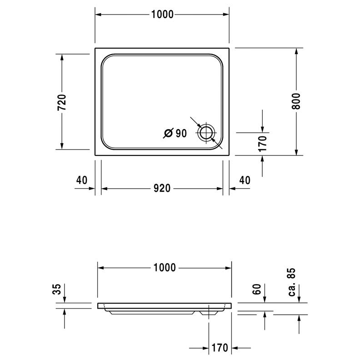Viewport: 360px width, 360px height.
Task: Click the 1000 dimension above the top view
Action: [x=162, y=15]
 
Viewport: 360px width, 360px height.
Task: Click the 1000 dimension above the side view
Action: [x=165, y=268]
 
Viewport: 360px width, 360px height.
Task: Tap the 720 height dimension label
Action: [x=62, y=102]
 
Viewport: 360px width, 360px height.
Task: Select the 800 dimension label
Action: [x=296, y=101]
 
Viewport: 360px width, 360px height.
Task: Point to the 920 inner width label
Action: [x=162, y=188]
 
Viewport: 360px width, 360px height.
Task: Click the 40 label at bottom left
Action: [x=82, y=180]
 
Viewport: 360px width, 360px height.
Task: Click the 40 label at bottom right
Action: [x=245, y=180]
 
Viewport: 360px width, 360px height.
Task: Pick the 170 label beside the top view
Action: [x=262, y=144]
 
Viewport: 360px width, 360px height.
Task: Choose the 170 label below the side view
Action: [x=220, y=348]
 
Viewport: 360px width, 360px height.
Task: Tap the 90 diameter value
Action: [x=181, y=133]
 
